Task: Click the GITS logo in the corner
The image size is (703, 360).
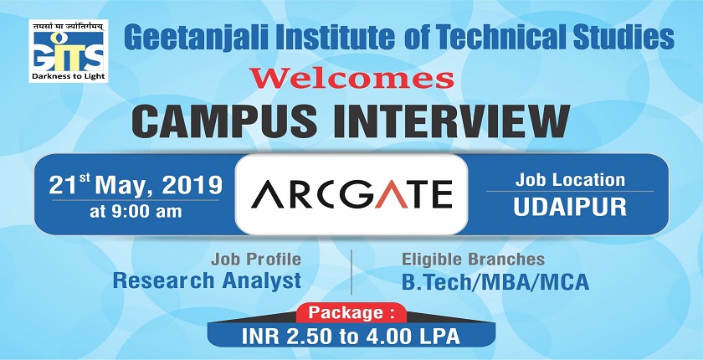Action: pyautogui.click(x=69, y=51)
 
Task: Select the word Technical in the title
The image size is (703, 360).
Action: pyautogui.click(x=499, y=37)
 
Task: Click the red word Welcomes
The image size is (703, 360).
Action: pyautogui.click(x=351, y=78)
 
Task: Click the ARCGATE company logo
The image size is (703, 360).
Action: pyautogui.click(x=351, y=194)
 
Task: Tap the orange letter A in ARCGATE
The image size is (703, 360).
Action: pyautogui.click(x=391, y=194)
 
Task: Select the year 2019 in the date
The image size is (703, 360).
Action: pyautogui.click(x=192, y=185)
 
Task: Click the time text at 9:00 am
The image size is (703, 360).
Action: pyautogui.click(x=136, y=211)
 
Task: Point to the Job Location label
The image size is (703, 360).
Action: pyautogui.click(x=570, y=180)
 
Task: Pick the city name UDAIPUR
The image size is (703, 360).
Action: pyautogui.click(x=570, y=207)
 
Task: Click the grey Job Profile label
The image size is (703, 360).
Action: pyautogui.click(x=256, y=260)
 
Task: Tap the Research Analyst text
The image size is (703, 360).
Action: pyautogui.click(x=207, y=280)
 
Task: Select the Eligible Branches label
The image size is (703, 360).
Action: pyautogui.click(x=473, y=260)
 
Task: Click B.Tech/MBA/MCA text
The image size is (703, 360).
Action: pyautogui.click(x=495, y=282)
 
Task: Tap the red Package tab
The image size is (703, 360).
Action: pyautogui.click(x=351, y=313)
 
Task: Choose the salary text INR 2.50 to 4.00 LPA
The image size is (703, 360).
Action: pyautogui.click(x=351, y=337)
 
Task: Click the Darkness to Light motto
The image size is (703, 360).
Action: pyautogui.click(x=69, y=76)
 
